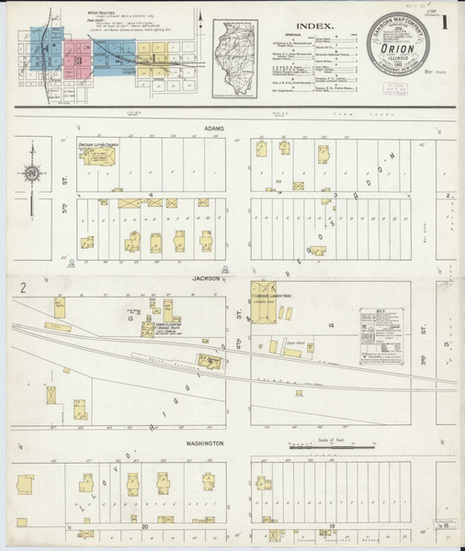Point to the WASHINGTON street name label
coord(209,444)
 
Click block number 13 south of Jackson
coord(132,321)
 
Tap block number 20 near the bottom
coord(145,526)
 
